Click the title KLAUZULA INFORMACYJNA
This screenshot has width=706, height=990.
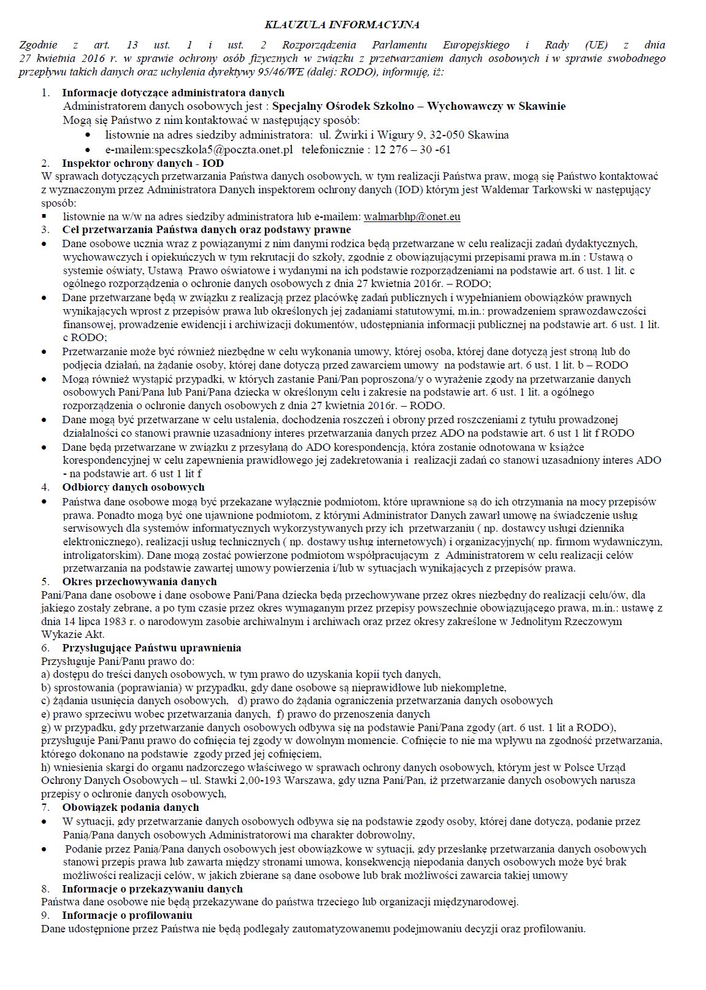[342, 25]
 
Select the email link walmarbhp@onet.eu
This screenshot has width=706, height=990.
[412, 217]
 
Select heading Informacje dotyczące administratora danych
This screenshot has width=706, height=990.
[173, 93]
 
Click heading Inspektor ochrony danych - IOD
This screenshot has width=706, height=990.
[143, 163]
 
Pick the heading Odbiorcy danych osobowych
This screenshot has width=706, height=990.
[133, 487]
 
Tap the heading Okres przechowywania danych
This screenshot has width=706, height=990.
[139, 581]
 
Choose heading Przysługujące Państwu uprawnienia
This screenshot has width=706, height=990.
[152, 648]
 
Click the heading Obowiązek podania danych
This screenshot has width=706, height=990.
[131, 807]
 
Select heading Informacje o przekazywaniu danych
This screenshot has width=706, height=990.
[152, 889]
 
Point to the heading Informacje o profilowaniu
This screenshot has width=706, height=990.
[127, 915]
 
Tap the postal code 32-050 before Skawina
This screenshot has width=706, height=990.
[452, 135]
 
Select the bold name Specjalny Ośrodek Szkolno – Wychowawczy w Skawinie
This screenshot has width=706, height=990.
[418, 106]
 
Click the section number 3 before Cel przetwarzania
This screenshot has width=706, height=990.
[45, 229]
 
